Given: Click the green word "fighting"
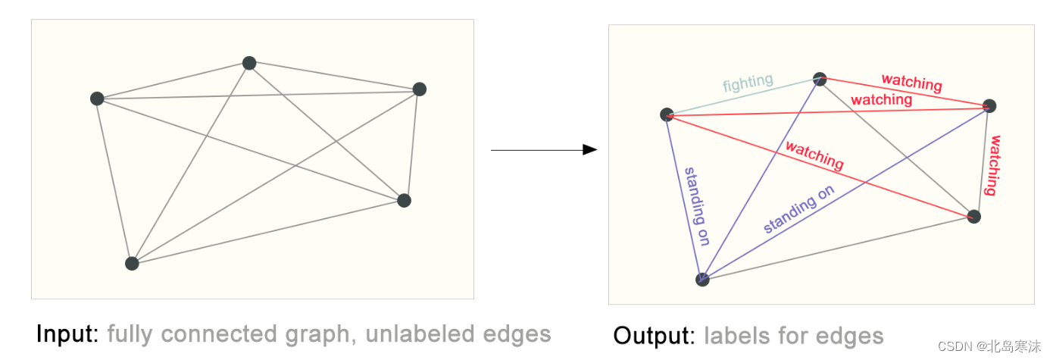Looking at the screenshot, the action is (748, 83).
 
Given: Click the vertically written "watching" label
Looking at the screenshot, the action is (993, 165).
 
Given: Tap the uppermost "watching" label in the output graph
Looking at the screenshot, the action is (912, 83).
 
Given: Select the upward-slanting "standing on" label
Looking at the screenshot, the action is (798, 208).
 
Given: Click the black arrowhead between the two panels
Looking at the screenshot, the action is (590, 149).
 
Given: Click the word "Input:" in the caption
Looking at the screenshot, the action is (67, 333).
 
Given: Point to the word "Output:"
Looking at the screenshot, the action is (655, 336).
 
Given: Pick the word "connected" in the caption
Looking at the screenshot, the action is (219, 333).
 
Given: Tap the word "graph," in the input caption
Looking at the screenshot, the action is (321, 335).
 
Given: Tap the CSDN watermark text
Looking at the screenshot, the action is (989, 346).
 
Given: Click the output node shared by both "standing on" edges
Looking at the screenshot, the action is (702, 280).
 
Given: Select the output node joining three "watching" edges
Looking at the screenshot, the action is (989, 106).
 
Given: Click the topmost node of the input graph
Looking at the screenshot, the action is (249, 63).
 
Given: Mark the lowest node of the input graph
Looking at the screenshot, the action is (132, 264).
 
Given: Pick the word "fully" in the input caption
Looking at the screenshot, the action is (130, 335).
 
